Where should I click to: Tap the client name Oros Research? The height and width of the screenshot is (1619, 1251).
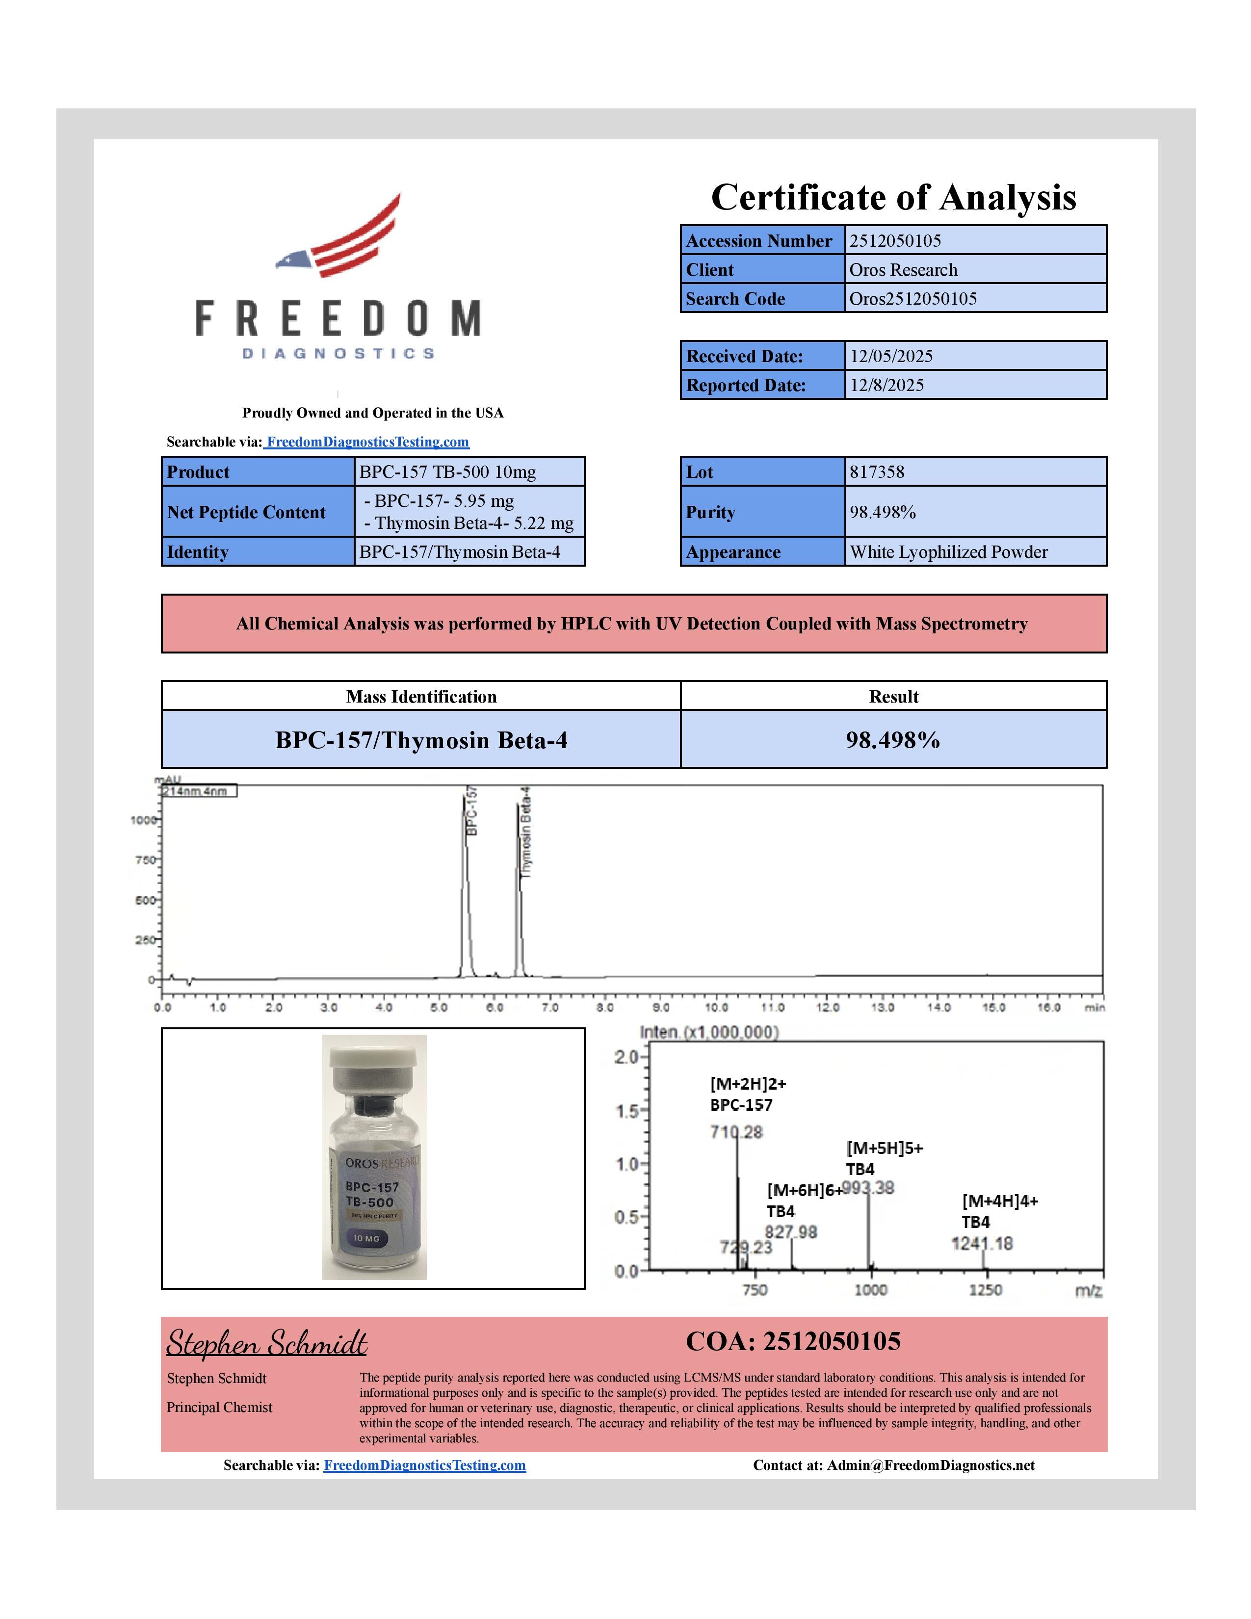pyautogui.click(x=903, y=270)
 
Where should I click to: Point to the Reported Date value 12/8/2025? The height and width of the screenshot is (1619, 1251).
pyautogui.click(x=886, y=386)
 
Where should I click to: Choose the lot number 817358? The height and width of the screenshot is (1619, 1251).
pyautogui.click(x=877, y=472)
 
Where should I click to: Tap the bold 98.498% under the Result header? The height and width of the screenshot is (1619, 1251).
pyautogui.click(x=892, y=740)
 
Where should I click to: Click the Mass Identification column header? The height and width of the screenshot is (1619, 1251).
pyautogui.click(x=421, y=697)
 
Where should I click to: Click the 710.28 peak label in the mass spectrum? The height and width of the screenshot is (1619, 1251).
pyautogui.click(x=735, y=1132)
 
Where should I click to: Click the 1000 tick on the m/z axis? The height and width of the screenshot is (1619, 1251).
pyautogui.click(x=870, y=1290)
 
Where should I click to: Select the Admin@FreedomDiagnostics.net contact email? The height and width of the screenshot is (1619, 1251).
pyautogui.click(x=930, y=1465)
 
